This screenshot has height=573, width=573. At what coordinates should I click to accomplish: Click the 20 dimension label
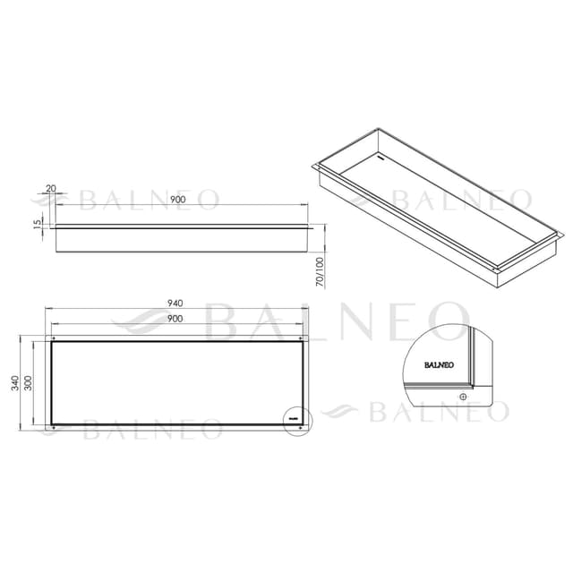[49, 189]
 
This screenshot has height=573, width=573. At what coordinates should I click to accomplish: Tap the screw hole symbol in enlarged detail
[462, 395]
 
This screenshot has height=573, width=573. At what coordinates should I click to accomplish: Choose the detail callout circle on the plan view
[295, 417]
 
